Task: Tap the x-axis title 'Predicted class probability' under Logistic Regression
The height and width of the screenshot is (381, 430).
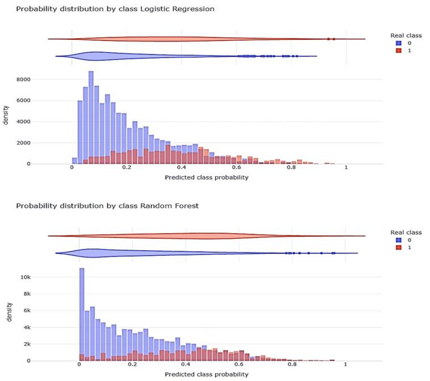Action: point(206,177)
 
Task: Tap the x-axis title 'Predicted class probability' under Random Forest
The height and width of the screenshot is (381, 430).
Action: point(206,374)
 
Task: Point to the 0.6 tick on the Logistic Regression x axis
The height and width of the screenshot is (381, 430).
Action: point(236,169)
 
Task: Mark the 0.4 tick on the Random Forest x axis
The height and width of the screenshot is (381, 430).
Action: point(186,366)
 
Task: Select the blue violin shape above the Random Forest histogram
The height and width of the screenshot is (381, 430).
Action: point(114,253)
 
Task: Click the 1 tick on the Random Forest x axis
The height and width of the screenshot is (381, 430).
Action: point(345,366)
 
